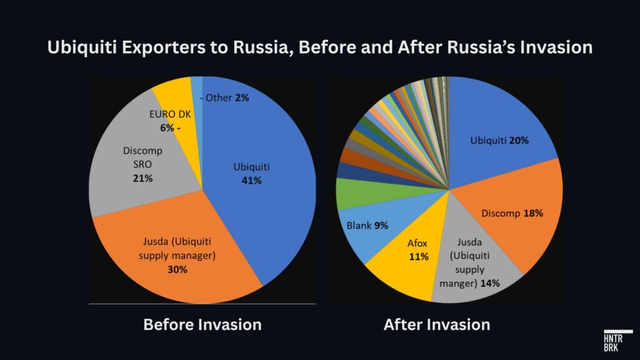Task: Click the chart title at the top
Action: (x=320, y=47)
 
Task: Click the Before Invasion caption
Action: (x=202, y=325)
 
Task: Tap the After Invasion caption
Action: (x=437, y=325)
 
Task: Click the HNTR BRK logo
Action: (x=617, y=341)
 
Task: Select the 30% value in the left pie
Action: (x=177, y=269)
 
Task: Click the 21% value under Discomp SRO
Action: (x=143, y=179)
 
